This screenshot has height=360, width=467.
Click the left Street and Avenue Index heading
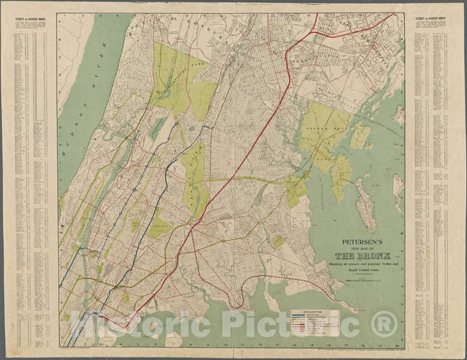[x=30, y=18]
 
